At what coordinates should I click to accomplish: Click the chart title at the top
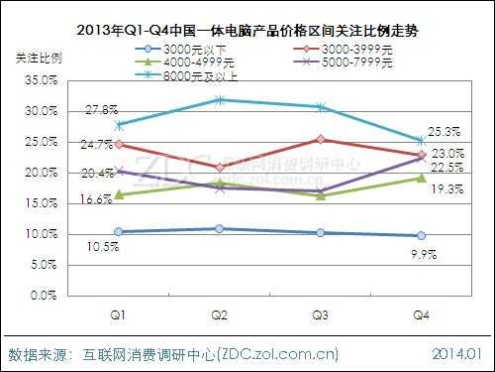(247, 30)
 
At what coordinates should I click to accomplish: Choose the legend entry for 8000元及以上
(193, 74)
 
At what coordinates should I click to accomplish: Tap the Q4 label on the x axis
(421, 314)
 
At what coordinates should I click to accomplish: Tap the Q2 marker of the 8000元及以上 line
(219, 99)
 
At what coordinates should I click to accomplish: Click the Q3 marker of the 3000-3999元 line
(320, 140)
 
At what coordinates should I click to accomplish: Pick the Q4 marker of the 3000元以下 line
(421, 235)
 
